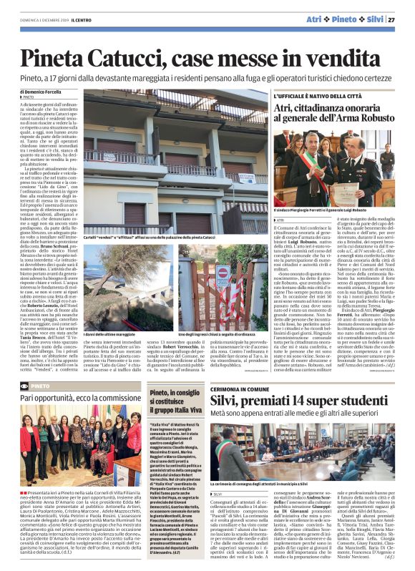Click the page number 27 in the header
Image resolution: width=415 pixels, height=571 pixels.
coord(401,19)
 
